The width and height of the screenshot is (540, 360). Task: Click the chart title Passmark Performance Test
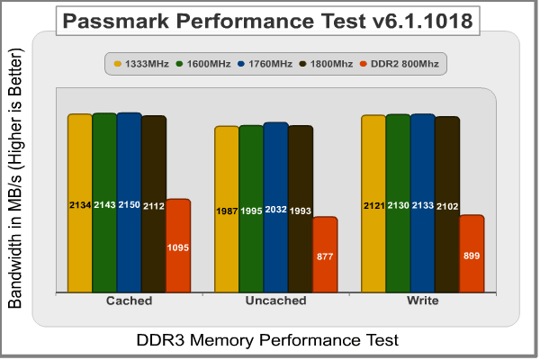point(269,20)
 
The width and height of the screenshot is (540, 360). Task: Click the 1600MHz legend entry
point(204,64)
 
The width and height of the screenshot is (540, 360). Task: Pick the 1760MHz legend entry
point(266,64)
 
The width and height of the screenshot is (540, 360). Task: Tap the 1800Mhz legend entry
point(328,64)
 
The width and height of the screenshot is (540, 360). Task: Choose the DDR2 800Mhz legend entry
point(403,64)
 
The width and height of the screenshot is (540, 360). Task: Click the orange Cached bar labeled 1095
point(178,245)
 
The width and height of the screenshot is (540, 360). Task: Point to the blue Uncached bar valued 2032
point(275,207)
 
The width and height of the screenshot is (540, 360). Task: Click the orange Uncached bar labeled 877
point(325,255)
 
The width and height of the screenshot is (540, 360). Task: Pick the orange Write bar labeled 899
point(472,254)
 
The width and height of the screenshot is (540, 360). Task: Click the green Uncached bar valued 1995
point(251,209)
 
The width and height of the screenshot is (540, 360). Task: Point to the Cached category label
point(129,301)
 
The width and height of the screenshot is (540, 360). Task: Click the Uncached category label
point(275,301)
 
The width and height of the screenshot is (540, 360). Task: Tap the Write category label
point(422,301)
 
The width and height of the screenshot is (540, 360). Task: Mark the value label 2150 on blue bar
point(129,206)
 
